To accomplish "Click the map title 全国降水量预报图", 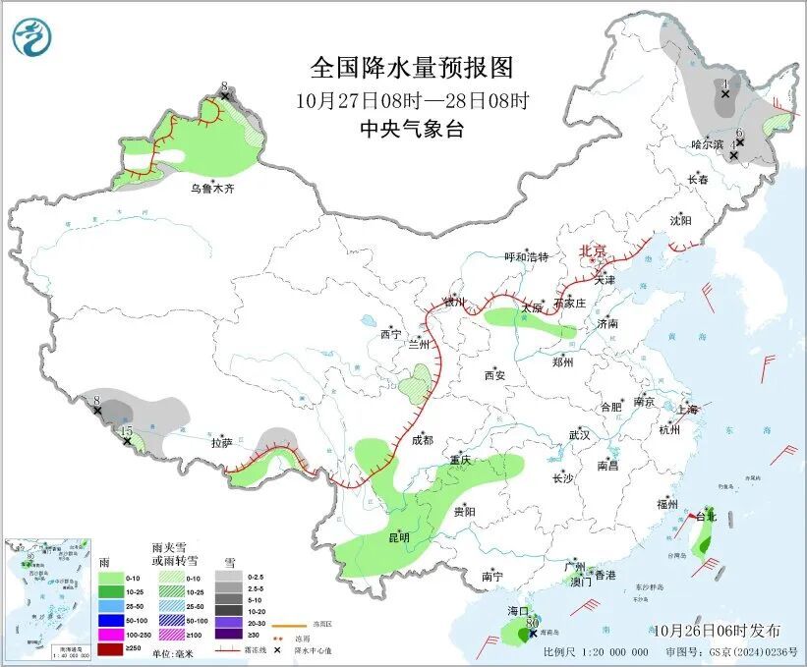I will coord(412,68).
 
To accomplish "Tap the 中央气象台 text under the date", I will coord(412,128).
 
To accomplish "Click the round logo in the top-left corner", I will coord(32,37).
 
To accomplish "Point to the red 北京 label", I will coord(595,251).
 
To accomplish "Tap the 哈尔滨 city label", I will coord(707,143).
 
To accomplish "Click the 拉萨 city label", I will coord(221,443).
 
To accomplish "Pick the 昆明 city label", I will coord(398,537).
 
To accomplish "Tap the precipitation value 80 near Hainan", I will coord(533,623).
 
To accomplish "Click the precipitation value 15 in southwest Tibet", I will coord(125,430).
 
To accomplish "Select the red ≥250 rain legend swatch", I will coord(111,649).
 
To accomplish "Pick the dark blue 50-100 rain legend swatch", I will coord(111,621).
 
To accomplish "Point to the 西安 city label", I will coord(495,374).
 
